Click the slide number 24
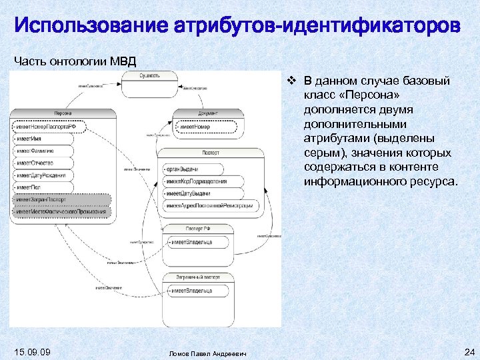coord(467,351)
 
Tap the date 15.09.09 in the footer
coord(32,351)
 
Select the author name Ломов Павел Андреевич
coord(207,353)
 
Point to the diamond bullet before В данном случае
coord(291,81)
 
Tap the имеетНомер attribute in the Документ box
coord(195,127)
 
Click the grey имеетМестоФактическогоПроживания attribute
coord(61,211)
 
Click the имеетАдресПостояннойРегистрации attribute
coord(209,205)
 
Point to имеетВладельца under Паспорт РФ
coord(193,242)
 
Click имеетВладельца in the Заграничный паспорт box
coord(193,291)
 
